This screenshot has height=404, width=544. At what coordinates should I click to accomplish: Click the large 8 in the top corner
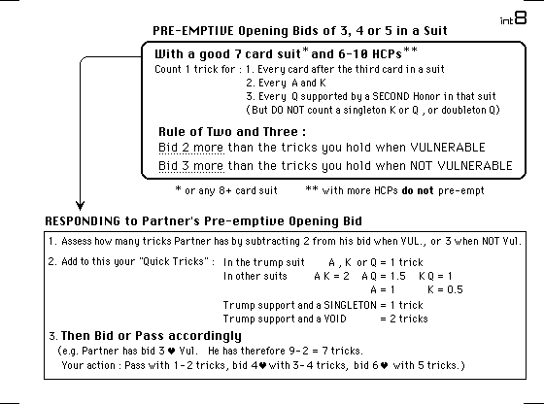tap(521, 17)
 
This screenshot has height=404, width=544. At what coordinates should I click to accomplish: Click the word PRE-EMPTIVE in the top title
tap(193, 31)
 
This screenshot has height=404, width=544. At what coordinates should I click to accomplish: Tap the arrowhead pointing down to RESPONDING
tap(80, 205)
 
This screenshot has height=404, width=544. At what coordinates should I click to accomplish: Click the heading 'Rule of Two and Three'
tap(232, 132)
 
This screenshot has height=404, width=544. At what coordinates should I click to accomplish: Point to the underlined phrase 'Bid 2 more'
tap(191, 148)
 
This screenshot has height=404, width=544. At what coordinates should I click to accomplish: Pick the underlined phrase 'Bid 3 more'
tap(191, 166)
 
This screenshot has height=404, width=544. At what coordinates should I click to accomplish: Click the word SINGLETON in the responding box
tap(350, 305)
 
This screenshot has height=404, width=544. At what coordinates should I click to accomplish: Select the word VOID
tap(334, 319)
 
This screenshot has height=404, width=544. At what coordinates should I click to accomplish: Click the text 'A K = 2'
tap(331, 277)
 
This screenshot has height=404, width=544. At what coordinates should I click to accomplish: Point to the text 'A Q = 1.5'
tap(384, 277)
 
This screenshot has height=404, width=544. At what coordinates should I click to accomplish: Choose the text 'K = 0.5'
tap(445, 289)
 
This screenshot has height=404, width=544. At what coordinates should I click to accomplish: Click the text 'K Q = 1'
tap(435, 277)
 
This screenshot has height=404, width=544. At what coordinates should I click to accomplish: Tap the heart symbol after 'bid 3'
tap(171, 352)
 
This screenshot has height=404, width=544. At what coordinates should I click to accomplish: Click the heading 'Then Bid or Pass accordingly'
tap(152, 336)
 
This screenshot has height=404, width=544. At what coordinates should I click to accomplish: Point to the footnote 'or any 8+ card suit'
tap(231, 190)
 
